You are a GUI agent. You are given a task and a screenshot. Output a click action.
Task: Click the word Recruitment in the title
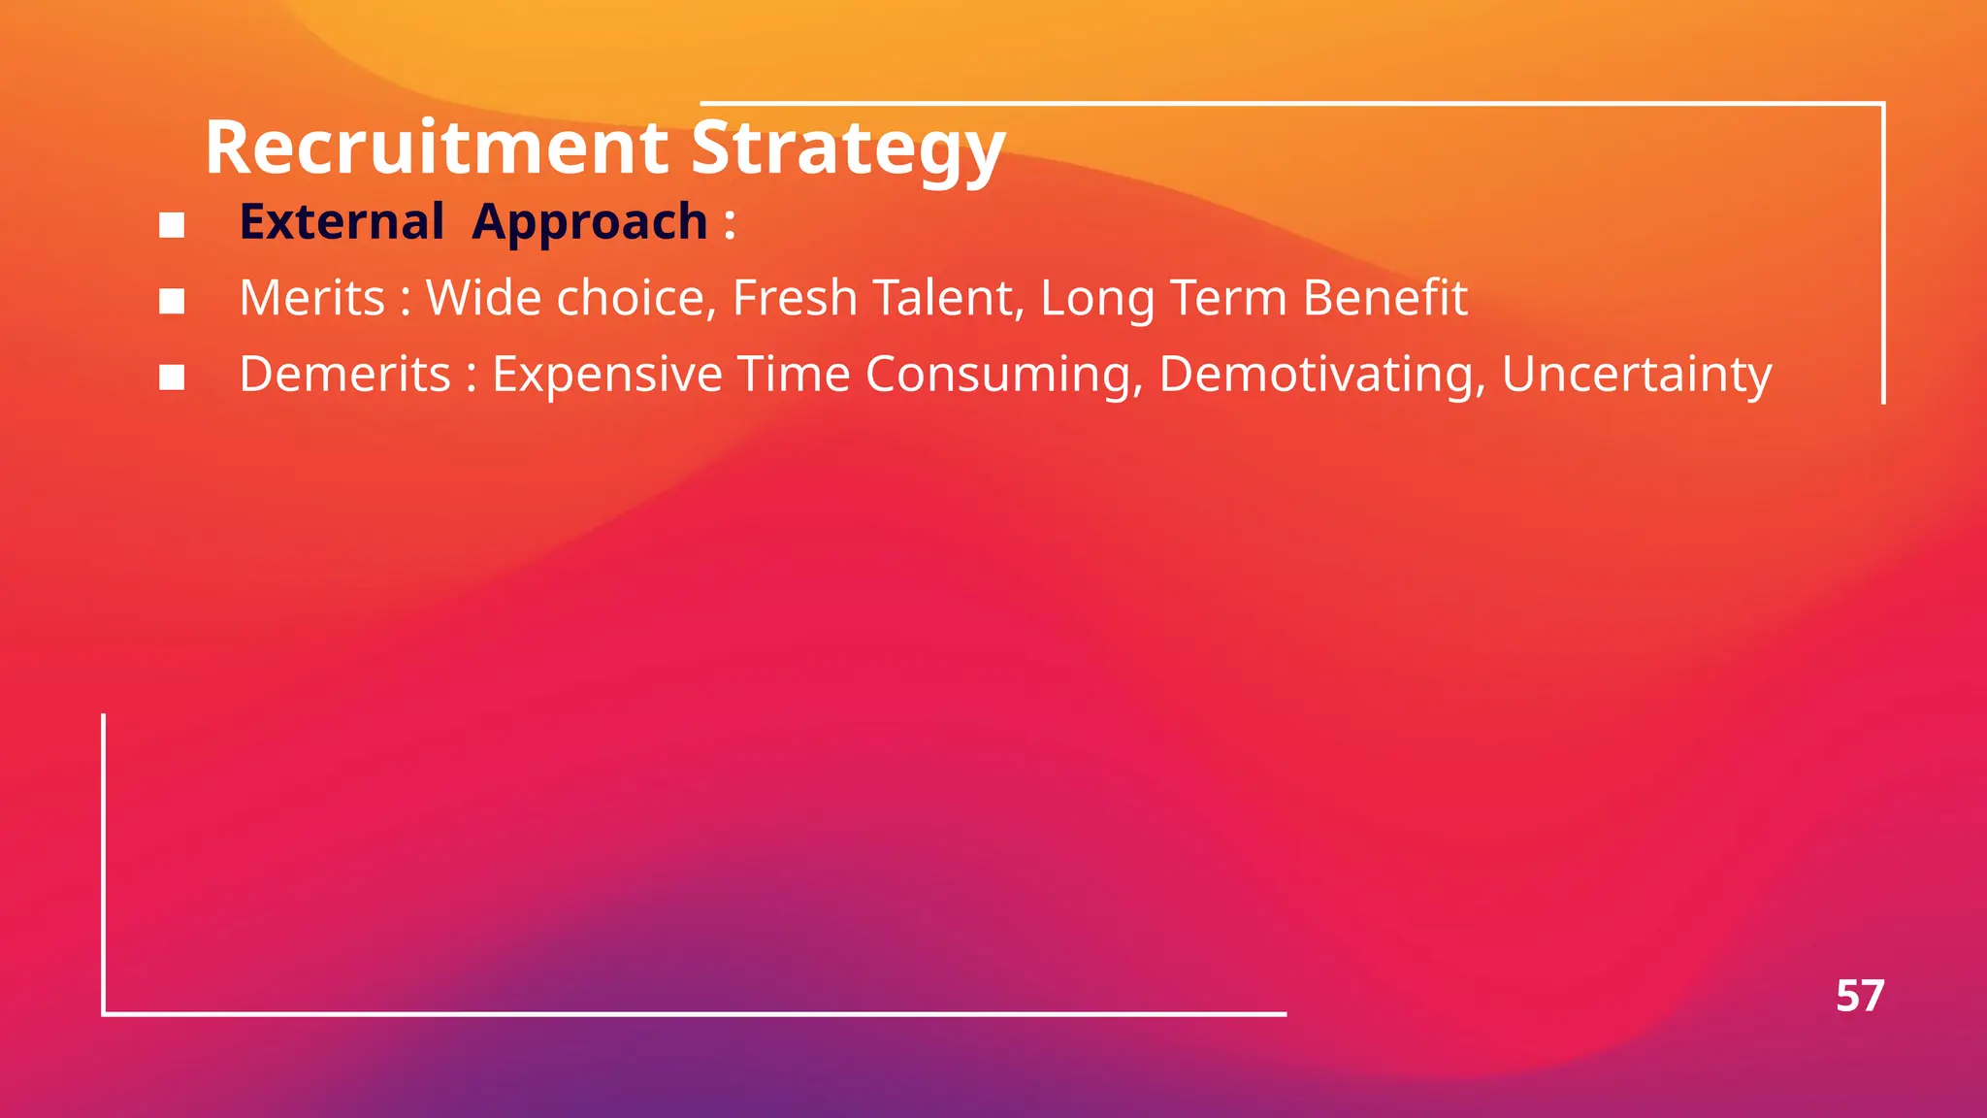[437, 148]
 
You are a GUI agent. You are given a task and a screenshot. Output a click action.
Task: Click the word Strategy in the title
[847, 148]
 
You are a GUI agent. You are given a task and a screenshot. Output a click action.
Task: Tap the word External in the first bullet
[342, 221]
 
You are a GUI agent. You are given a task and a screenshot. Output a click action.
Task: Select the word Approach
[590, 223]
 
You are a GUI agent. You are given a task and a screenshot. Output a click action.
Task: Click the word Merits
[312, 298]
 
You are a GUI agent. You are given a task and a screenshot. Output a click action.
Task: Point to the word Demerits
[345, 374]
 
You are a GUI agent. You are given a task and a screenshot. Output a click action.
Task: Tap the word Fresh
[795, 298]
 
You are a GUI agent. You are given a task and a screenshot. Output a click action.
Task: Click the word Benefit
[1384, 298]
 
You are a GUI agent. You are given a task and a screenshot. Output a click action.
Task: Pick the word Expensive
[607, 375]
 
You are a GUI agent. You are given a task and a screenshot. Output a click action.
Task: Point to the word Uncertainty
[1637, 375]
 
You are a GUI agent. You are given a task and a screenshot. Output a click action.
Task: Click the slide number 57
[1859, 996]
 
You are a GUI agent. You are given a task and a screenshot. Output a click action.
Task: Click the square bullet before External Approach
[172, 225]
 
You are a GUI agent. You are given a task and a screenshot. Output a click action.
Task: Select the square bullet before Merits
[172, 301]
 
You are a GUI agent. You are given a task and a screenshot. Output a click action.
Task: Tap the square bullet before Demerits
[172, 377]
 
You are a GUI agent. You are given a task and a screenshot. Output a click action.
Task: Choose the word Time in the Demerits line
[794, 375]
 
